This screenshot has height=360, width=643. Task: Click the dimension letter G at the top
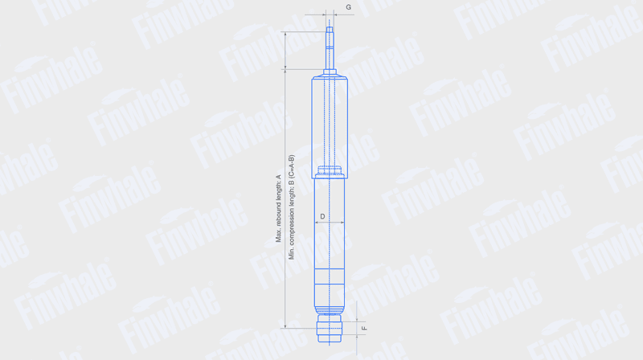point(349,7)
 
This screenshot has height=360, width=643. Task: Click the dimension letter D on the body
point(323,216)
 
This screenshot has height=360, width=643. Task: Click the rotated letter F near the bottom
point(364,329)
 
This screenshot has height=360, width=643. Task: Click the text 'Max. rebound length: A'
point(278,208)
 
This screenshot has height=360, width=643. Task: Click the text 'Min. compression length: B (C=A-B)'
point(292,207)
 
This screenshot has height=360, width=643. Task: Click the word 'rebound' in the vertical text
point(278,215)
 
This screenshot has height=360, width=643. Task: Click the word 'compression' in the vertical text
point(292,221)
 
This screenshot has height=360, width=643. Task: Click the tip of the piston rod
point(330,27)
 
